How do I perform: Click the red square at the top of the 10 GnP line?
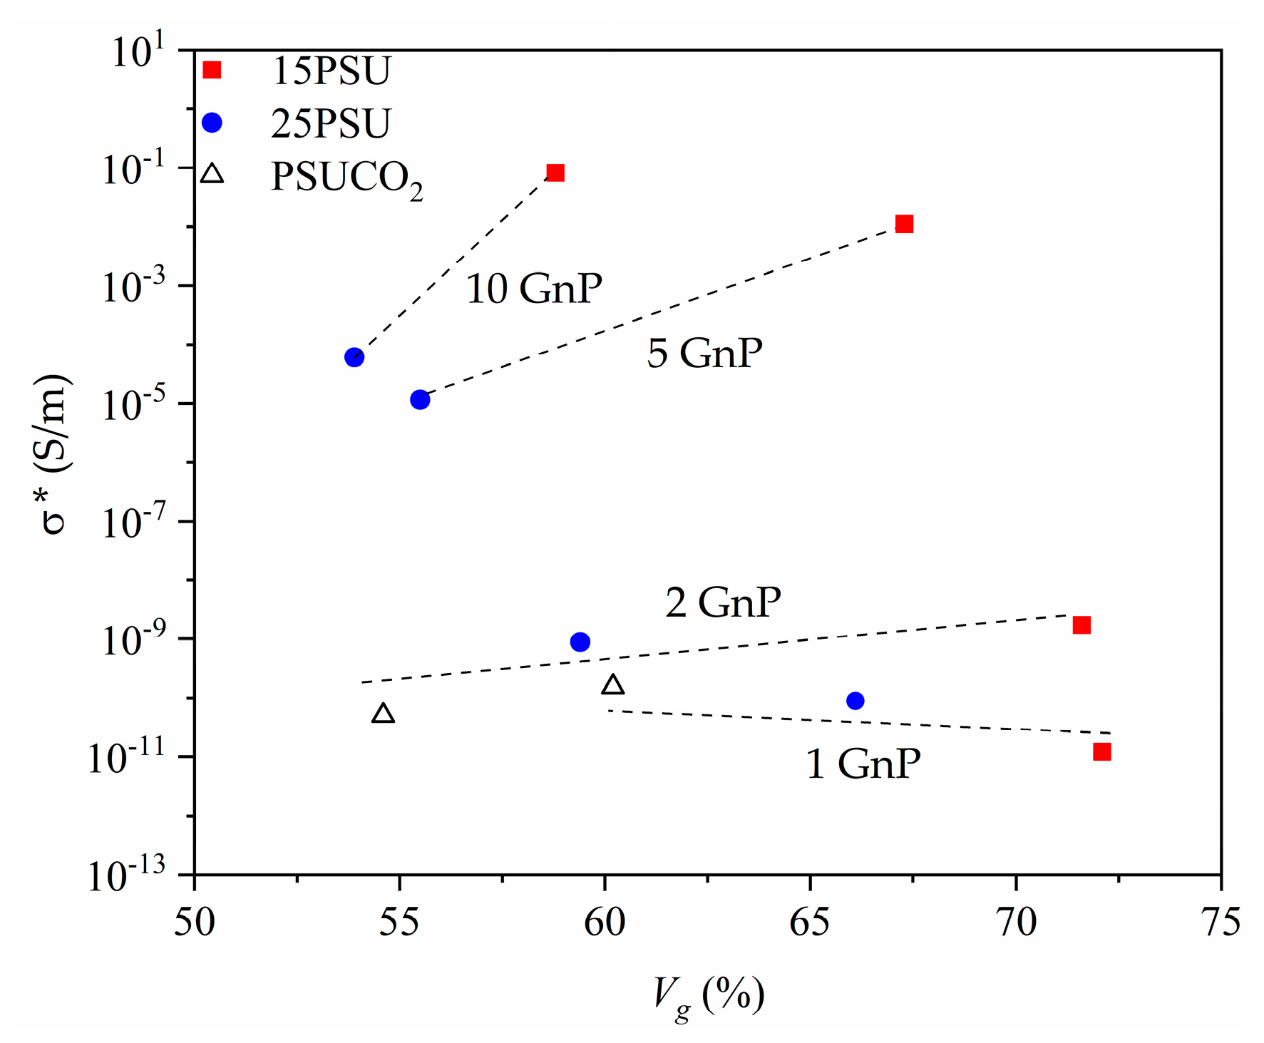555,173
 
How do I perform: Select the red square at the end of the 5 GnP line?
904,225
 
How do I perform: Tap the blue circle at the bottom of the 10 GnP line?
354,357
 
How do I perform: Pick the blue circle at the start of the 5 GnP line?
421,400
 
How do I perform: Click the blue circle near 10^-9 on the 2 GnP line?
580,642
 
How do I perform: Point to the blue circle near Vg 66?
855,701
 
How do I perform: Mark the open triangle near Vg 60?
613,685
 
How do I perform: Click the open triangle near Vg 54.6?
384,714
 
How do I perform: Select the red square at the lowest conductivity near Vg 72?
1102,752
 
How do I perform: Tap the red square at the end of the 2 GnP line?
1081,625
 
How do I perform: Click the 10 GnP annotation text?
534,289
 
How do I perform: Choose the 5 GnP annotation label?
704,353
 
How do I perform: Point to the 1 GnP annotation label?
863,764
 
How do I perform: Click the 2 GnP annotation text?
723,602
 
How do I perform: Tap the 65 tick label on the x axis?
810,923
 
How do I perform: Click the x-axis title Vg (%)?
709,995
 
